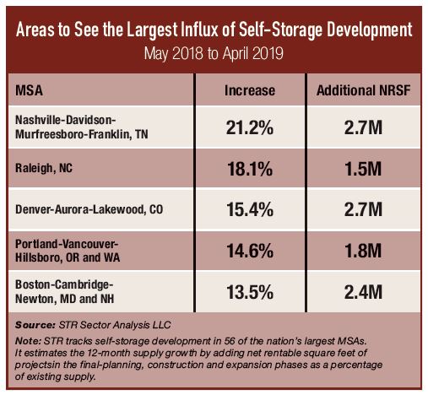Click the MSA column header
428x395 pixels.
pos(32,89)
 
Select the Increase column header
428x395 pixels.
pos(250,89)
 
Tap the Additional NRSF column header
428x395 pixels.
pos(365,89)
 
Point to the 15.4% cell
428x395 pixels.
pos(250,208)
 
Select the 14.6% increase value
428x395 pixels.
pos(250,248)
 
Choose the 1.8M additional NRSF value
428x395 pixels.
pos(365,248)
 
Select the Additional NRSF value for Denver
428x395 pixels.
pos(365,208)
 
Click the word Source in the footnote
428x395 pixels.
pos(34,323)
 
